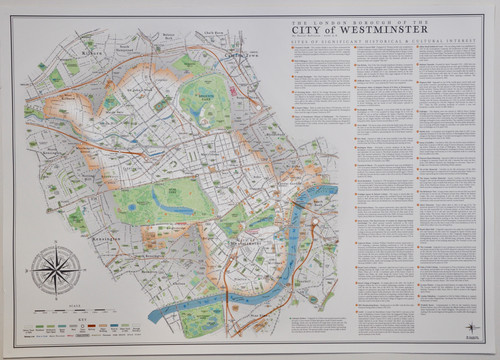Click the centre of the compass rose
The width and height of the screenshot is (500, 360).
[56, 270]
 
